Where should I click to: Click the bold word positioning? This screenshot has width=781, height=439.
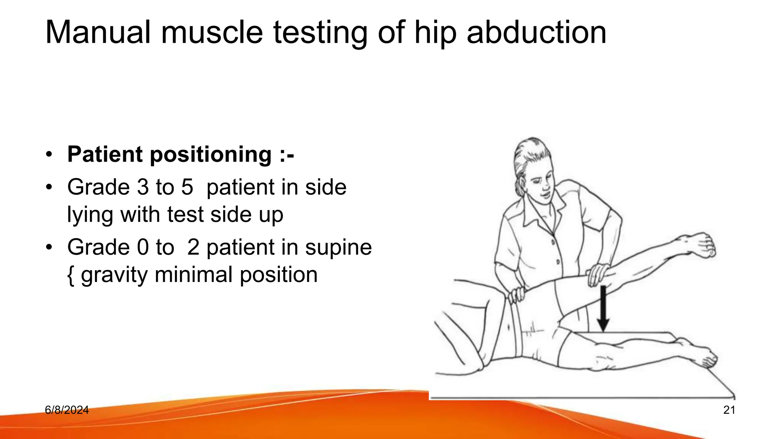tap(211, 155)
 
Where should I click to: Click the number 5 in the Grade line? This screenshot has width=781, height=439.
tap(187, 187)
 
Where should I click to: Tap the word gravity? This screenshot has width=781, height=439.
tap(114, 275)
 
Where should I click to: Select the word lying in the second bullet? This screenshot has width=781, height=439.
tap(90, 215)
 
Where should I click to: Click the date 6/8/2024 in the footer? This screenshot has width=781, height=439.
tap(67, 410)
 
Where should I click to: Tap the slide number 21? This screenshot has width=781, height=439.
tap(729, 410)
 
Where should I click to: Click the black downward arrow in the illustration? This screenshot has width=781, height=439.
tap(603, 309)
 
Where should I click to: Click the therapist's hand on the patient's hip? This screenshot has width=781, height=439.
tap(517, 295)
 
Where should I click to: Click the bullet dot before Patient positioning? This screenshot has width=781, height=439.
tap(48, 155)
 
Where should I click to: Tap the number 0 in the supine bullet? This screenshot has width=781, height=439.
tap(143, 247)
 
